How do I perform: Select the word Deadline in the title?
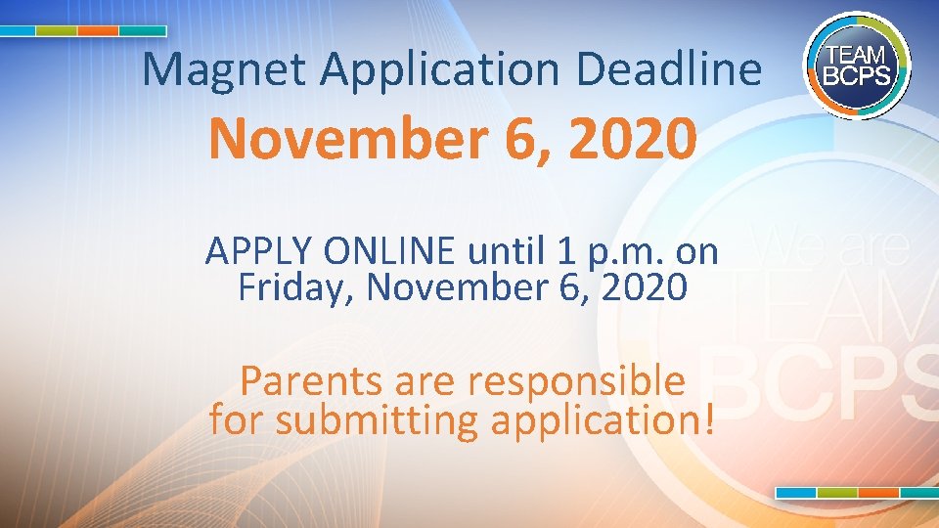(x=669, y=69)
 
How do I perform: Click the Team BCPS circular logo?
(x=856, y=65)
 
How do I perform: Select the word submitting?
(x=377, y=421)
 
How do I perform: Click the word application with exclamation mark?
(x=604, y=421)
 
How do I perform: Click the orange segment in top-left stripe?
(x=98, y=30)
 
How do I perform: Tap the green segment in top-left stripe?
(x=56, y=30)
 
